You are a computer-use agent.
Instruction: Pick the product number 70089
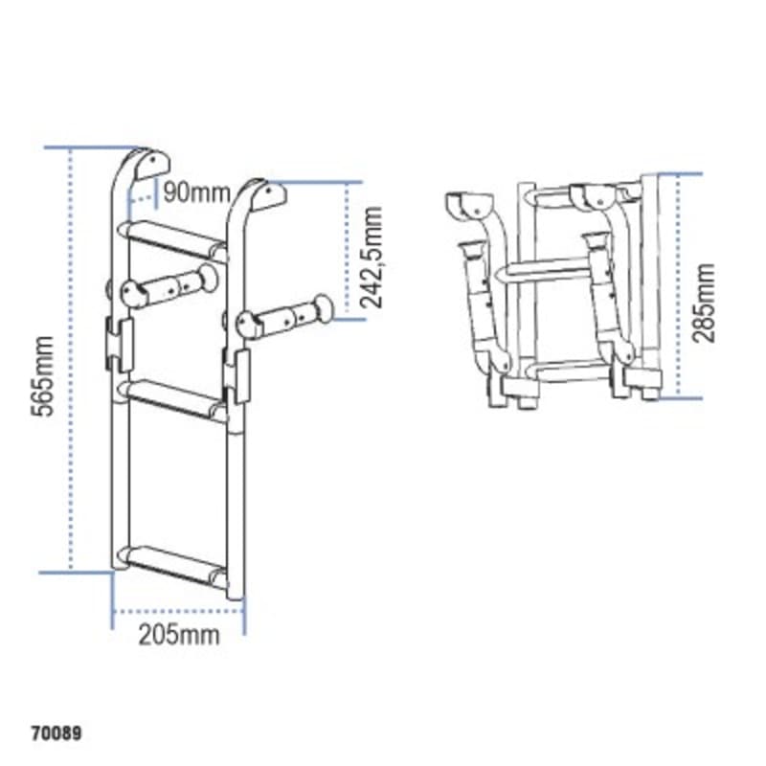(56, 735)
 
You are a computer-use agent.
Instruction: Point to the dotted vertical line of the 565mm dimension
(72, 364)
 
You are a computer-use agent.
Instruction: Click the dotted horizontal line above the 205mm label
(179, 610)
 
